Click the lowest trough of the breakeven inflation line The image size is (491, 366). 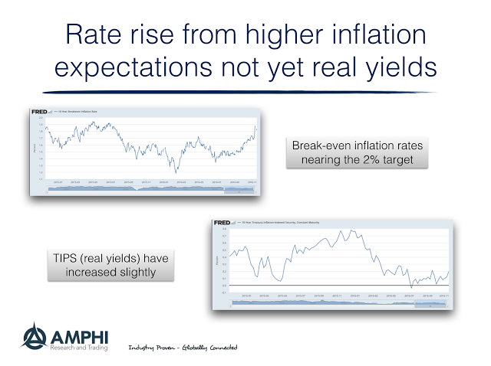176,172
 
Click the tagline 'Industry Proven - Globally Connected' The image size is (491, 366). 182,348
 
